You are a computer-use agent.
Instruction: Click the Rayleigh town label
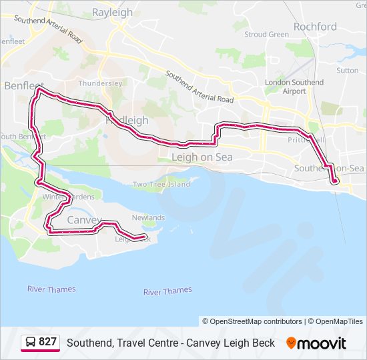click(x=112, y=12)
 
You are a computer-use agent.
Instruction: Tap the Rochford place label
click(x=315, y=27)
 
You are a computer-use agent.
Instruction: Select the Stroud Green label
click(x=266, y=34)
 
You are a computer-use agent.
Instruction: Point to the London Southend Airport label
click(x=294, y=87)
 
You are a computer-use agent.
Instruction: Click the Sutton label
click(x=347, y=70)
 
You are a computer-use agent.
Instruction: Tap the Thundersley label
click(x=100, y=83)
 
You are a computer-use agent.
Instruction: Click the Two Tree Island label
click(x=161, y=184)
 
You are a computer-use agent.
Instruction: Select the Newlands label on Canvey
click(x=148, y=218)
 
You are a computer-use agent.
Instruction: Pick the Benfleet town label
click(x=23, y=86)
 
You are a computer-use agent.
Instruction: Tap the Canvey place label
click(x=84, y=220)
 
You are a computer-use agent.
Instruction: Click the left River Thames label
click(x=51, y=289)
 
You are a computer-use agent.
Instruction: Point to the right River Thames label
click(x=167, y=291)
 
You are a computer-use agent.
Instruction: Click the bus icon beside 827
click(x=31, y=342)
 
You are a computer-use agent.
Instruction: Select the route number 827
click(x=48, y=342)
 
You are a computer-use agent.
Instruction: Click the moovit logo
click(x=316, y=343)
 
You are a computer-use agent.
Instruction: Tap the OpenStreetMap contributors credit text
click(x=257, y=321)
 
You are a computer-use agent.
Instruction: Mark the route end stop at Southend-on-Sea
click(x=335, y=180)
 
